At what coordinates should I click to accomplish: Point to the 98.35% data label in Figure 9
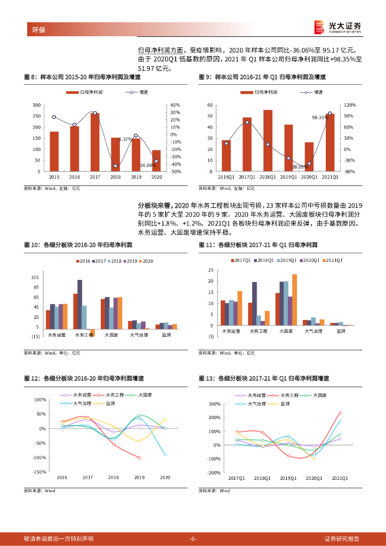pos(320,117)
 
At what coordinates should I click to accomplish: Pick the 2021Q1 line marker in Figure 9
pos(329,113)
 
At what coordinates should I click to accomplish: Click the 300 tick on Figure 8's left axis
pos(36,105)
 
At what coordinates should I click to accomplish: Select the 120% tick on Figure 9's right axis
pos(350,105)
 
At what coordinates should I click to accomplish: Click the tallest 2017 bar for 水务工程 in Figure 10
pos(80,304)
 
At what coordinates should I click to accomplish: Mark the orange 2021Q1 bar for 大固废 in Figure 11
pos(294,300)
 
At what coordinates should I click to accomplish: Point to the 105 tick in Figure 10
pos(35,278)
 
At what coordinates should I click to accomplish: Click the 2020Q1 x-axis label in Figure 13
pos(313,478)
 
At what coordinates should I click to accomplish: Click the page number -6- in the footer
pos(193,539)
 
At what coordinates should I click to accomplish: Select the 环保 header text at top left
pos(39,30)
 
